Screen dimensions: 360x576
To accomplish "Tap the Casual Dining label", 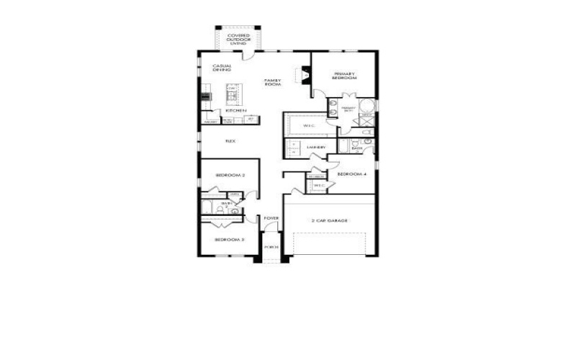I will coord(221,70).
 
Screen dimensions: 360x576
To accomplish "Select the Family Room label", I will coord(271,82).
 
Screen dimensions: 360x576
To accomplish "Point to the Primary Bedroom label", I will coord(344,75).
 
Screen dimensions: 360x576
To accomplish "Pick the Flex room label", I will coord(230,141).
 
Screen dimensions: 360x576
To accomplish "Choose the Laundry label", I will coord(316,148).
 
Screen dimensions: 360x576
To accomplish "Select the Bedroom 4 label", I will coord(352,174).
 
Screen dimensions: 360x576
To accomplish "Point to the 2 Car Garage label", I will coord(330,220).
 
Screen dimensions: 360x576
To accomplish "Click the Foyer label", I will coord(271,218).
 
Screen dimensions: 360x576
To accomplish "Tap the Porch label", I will coord(271,247).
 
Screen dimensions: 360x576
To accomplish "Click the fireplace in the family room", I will coord(305,73).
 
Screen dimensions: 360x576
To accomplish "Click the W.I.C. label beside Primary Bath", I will coord(310,126).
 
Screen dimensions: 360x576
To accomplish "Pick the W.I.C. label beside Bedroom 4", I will coord(319,186).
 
